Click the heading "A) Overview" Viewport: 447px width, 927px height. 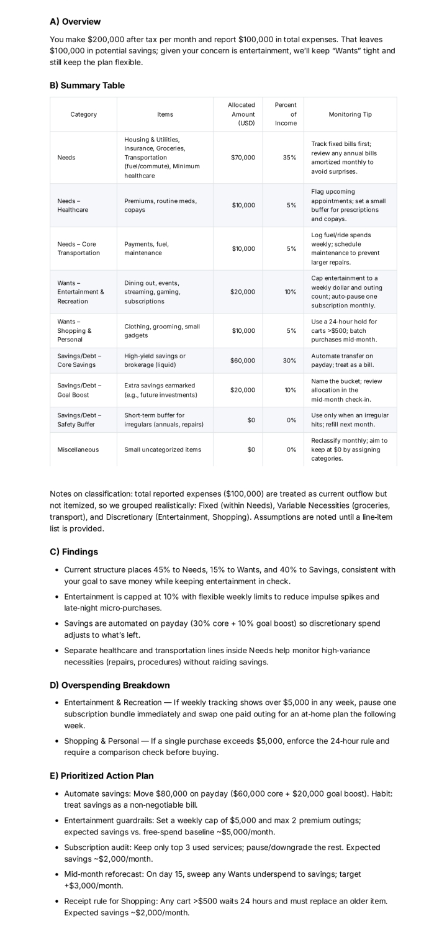75,22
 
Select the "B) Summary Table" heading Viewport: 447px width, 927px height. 87,86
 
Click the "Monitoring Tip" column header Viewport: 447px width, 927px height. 350,114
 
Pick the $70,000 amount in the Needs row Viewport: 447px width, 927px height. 243,158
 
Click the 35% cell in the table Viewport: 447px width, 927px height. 289,158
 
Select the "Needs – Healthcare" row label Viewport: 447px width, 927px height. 73,206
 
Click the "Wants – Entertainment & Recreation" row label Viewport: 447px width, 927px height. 81,292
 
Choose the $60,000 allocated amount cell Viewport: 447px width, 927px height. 243,361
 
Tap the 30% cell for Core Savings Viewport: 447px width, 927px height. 289,361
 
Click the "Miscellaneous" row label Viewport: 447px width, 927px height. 78,450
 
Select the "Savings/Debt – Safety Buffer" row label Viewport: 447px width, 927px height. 79,420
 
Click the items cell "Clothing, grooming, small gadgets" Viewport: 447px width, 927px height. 162,331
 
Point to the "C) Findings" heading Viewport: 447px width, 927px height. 74,551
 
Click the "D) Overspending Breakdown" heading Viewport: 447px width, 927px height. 109,685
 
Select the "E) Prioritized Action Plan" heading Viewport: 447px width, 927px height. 101,776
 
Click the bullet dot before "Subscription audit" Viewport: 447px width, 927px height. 57,848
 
